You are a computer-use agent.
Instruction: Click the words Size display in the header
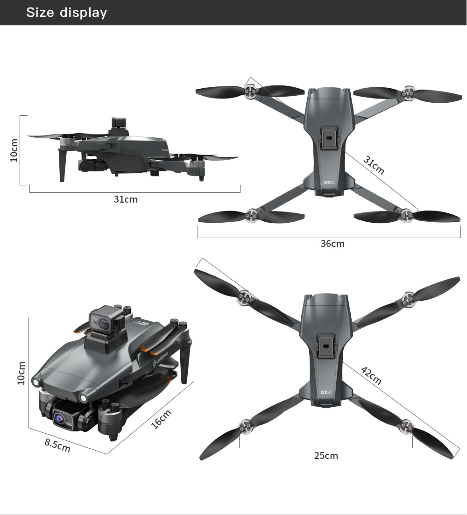pos(66,13)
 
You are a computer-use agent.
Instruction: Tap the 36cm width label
pos(333,244)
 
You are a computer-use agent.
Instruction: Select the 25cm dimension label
pos(326,456)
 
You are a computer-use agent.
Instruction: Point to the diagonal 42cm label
pos(371,376)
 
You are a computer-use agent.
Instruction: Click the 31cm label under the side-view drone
pos(126,199)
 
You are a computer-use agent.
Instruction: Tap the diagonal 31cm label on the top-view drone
pos(374,165)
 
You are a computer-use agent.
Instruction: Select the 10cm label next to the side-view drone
pos(14,150)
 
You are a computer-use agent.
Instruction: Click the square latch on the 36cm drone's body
pos(329,139)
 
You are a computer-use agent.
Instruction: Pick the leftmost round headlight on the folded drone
pos(35,381)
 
